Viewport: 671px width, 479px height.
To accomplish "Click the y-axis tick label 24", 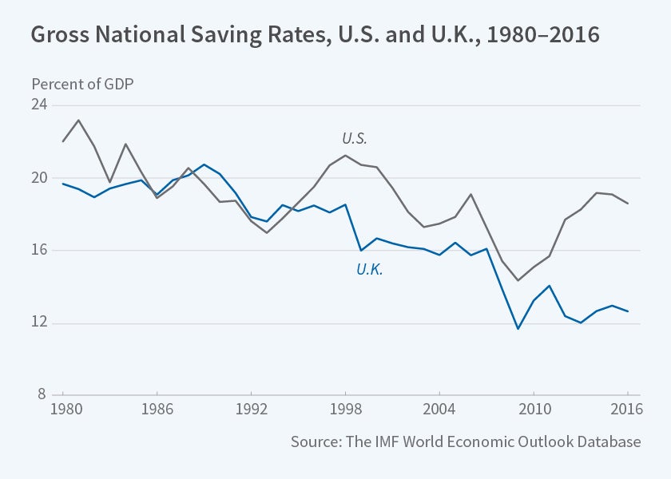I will (x=40, y=105).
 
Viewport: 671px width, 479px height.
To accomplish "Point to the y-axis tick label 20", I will (x=40, y=178).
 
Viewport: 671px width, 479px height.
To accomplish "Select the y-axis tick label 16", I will (x=40, y=251).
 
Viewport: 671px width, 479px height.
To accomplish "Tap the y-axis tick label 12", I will (x=40, y=323).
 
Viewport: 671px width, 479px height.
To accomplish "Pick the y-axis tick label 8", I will (x=43, y=395).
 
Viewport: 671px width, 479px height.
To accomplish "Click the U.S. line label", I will (x=355, y=139).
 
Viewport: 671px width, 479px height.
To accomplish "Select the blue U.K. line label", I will (x=370, y=270).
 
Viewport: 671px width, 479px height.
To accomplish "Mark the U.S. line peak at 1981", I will (x=78, y=120).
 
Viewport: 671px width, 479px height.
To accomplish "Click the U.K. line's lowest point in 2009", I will (x=518, y=329).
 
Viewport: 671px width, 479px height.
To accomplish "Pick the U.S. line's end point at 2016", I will (x=628, y=204).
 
